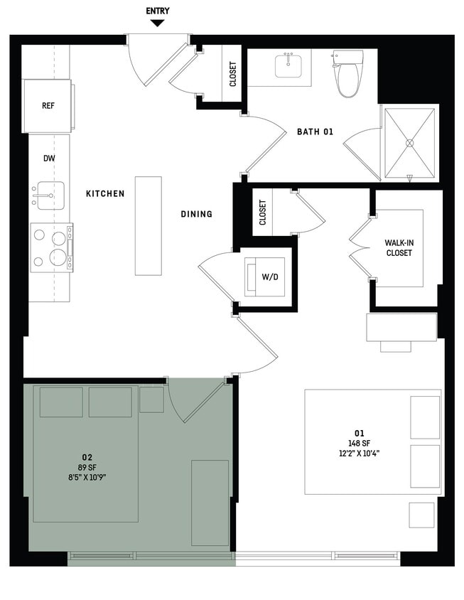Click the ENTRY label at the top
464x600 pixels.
[x=158, y=11]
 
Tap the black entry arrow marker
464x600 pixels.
[x=158, y=23]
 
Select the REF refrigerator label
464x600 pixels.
[x=48, y=106]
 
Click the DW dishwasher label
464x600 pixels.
[x=48, y=159]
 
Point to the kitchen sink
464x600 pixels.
[x=48, y=194]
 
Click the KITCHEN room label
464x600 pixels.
[x=105, y=193]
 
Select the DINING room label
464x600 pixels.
[x=196, y=214]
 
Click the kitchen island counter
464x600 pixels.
[x=149, y=225]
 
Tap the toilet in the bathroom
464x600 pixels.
[x=348, y=74]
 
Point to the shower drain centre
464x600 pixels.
[x=410, y=143]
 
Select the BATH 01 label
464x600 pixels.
[x=315, y=131]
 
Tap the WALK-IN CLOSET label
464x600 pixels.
[x=399, y=247]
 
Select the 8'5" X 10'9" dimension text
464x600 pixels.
[x=87, y=477]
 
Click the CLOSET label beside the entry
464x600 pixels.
[x=233, y=75]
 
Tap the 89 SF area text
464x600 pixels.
[x=87, y=467]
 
